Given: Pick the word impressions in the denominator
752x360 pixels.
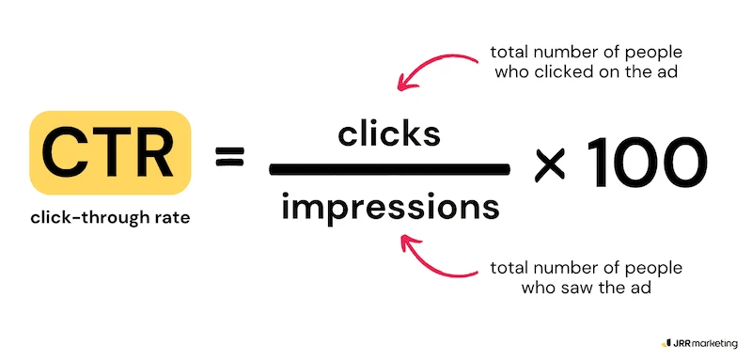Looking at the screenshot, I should [x=388, y=205].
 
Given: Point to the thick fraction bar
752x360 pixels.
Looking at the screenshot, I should [x=388, y=169].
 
